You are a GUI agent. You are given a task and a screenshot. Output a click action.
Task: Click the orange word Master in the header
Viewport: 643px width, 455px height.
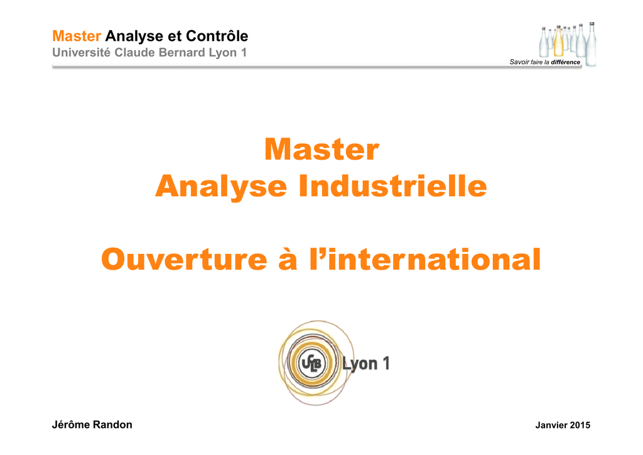coord(77,36)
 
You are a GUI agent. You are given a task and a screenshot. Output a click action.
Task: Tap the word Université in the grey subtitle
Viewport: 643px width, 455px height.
coord(81,53)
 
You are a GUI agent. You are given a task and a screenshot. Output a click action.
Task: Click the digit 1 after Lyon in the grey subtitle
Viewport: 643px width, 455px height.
coord(244,53)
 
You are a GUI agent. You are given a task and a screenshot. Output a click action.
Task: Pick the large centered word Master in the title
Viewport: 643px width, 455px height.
coord(322,149)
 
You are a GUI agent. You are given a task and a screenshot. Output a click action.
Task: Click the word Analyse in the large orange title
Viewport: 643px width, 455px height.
coord(221,187)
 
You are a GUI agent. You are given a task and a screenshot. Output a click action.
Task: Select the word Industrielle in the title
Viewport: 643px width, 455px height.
coord(393,186)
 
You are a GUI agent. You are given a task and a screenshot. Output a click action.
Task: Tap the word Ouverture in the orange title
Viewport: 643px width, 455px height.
coord(184,260)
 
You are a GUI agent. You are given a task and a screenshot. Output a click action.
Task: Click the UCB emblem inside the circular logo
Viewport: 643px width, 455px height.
coord(311,363)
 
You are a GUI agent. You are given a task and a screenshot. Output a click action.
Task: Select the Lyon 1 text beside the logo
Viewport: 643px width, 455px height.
coord(366,363)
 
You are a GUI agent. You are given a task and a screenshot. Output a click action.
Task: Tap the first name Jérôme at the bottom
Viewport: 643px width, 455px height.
coord(71,425)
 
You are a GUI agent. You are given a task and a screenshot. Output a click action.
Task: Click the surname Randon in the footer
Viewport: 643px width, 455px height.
coord(112,425)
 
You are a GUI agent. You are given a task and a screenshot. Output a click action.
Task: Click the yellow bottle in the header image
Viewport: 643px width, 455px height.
coord(558,42)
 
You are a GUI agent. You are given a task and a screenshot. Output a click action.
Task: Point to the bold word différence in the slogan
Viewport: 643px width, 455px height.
coord(566,62)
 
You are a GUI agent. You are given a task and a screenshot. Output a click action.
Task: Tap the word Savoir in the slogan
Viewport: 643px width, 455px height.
coord(519,62)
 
